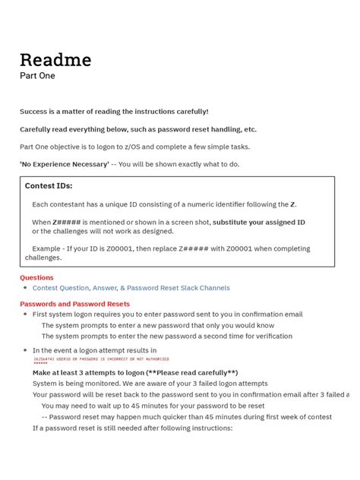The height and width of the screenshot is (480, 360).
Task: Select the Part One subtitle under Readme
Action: [x=37, y=76]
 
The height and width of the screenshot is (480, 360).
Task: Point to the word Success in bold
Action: [x=33, y=112]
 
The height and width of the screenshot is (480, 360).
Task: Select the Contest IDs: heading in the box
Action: [x=49, y=185]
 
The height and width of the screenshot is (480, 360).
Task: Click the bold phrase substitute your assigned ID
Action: [x=258, y=223]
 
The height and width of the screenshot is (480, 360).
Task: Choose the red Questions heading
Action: [x=36, y=278]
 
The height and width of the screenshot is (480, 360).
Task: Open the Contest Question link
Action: [x=61, y=288]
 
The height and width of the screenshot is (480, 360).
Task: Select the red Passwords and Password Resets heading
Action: [x=74, y=304]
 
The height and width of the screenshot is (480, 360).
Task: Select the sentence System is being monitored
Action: [x=75, y=384]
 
